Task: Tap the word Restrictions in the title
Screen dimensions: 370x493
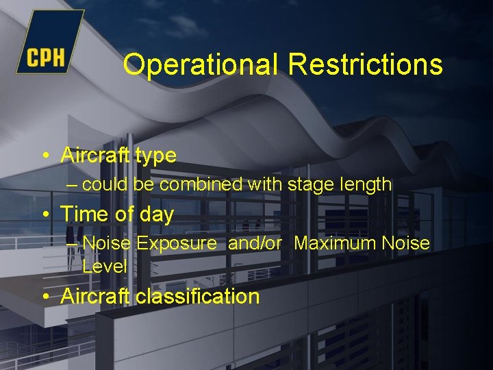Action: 366,65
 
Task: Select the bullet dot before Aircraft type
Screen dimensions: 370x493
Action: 45,156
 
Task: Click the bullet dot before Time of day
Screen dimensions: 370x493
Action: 45,214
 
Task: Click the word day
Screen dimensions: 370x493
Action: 157,215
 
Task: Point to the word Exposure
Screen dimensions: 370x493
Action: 176,244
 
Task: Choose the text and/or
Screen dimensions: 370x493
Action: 255,243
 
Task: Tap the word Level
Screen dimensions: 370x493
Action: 105,266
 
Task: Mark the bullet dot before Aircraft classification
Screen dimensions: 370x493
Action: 45,297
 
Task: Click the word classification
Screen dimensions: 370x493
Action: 198,297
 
